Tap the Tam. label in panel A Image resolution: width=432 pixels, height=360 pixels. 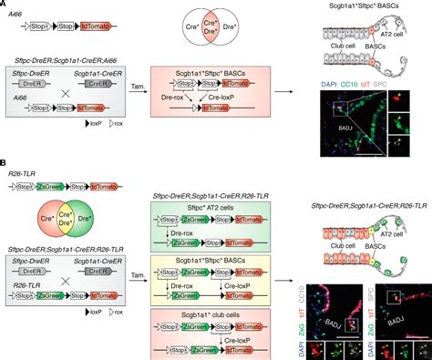point(131,98)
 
